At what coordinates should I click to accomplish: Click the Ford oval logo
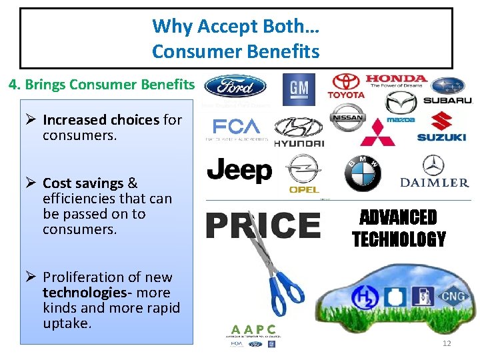point(235,86)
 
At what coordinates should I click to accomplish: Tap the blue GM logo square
point(299,89)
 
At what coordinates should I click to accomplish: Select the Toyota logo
point(345,86)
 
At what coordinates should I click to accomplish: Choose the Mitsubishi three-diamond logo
point(377,132)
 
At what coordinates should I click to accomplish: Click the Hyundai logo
point(299,132)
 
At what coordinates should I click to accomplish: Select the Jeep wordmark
point(239,171)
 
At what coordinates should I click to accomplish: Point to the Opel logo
point(304,175)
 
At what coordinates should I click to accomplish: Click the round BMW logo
point(362,173)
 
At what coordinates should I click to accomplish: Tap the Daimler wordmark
point(434,182)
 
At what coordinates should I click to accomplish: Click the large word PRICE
point(263,225)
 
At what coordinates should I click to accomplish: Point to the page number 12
point(447,343)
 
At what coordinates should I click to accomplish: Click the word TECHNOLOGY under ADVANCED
point(399,239)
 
